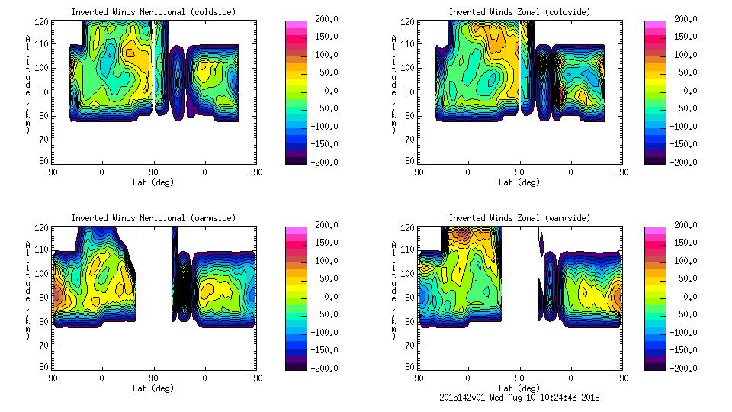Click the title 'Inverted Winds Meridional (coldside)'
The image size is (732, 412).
153,11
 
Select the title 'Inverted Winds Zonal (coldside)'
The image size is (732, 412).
518,11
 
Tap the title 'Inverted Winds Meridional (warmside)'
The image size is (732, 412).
153,218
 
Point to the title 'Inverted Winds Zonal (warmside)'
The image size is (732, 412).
518,218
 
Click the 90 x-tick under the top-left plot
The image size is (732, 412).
153,172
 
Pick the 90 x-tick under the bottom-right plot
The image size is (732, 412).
518,378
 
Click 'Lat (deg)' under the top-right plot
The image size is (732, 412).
518,182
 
